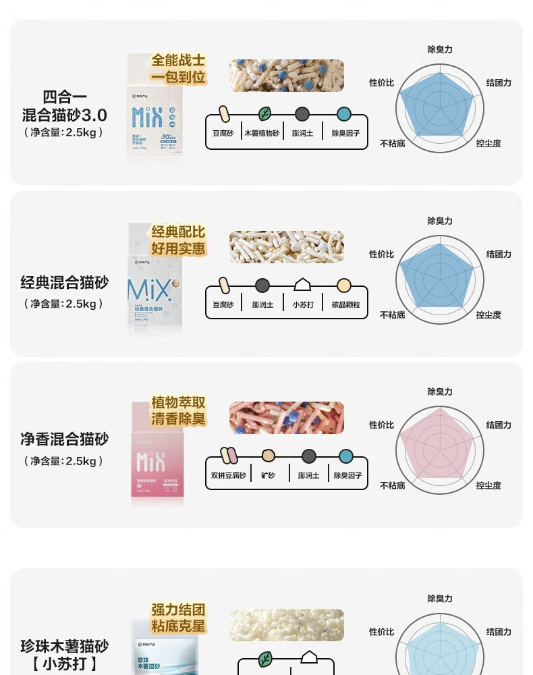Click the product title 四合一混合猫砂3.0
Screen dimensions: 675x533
65,105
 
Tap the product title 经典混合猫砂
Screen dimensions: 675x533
65,282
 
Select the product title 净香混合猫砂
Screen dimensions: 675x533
65,439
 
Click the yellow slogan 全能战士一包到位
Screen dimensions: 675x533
178,69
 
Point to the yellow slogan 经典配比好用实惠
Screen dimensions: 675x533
178,240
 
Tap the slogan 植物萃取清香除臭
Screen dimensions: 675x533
178,410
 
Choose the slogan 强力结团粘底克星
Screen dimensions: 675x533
178,617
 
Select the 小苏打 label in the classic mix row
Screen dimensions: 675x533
303,304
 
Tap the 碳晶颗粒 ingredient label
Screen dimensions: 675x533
345,304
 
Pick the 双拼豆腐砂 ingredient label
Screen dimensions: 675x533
228,475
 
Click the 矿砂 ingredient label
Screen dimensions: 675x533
268,475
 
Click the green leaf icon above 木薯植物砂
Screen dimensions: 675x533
264,114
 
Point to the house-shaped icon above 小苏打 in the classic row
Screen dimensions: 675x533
302,285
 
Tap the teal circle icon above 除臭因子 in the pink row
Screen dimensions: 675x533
345,456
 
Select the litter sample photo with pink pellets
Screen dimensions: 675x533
286,418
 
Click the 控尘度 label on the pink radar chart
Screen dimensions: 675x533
488,485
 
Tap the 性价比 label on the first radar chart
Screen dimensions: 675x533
381,82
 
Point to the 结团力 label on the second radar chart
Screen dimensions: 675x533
499,254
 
